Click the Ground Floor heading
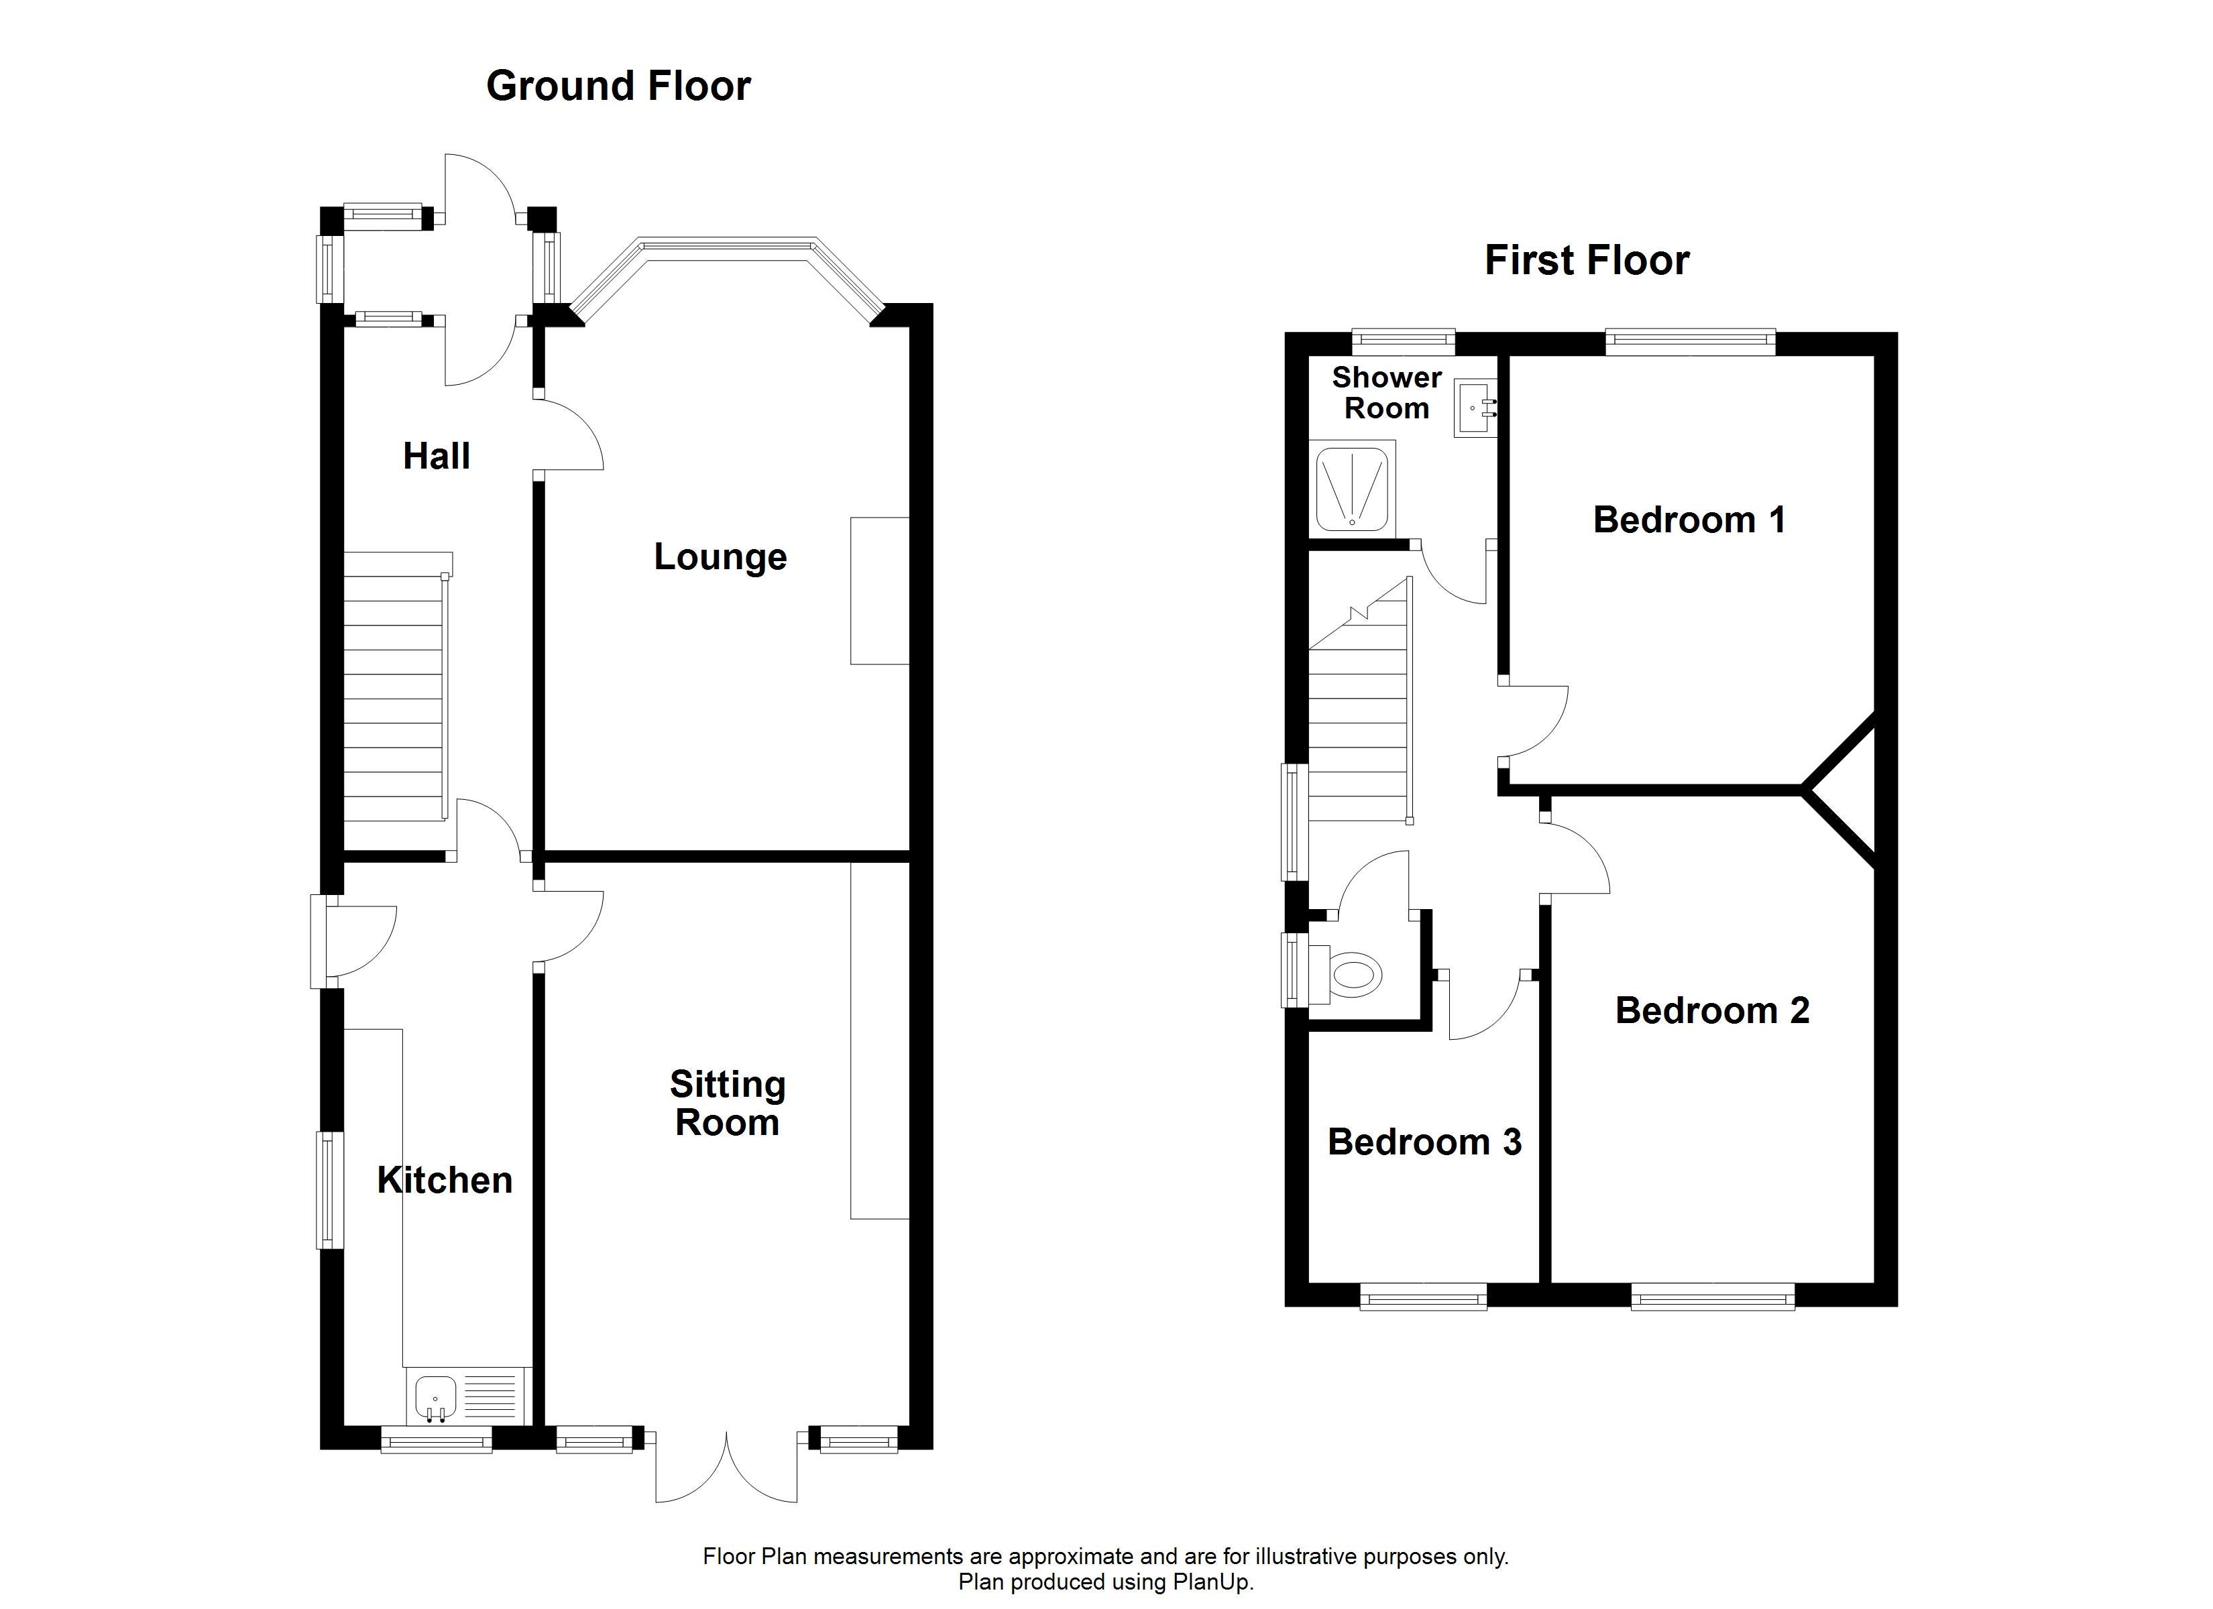click(x=618, y=86)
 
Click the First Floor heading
click(x=1587, y=261)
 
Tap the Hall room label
click(x=436, y=456)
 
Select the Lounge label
click(x=720, y=557)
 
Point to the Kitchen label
click(x=445, y=1181)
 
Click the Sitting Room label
click(x=727, y=1104)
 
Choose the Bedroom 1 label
click(x=1689, y=520)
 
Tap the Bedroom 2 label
click(x=1713, y=1011)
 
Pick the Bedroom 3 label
click(x=1424, y=1142)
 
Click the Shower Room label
click(x=1387, y=392)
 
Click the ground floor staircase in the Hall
click(x=395, y=687)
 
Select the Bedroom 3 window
click(x=1424, y=1297)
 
